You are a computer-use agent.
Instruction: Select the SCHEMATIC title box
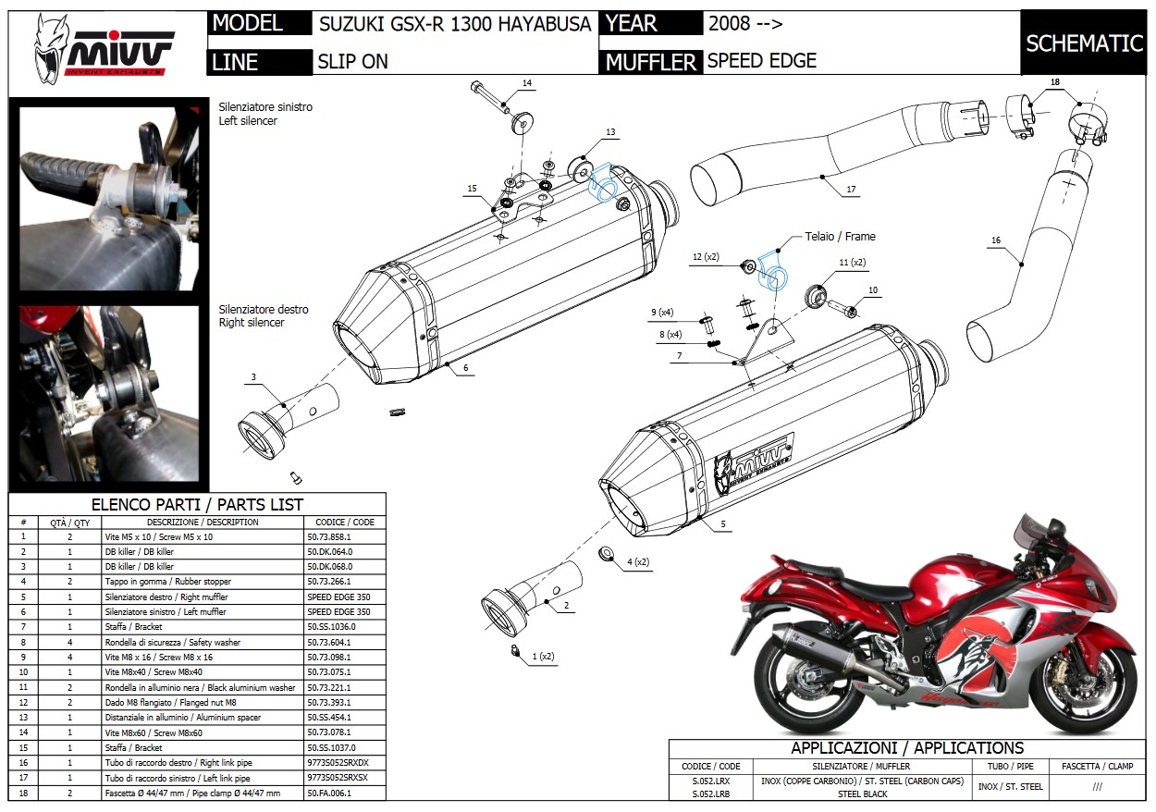click(1084, 43)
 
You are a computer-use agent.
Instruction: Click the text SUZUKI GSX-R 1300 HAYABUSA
click(454, 24)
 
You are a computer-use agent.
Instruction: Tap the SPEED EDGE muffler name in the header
click(761, 61)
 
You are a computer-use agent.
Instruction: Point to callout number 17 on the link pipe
click(851, 189)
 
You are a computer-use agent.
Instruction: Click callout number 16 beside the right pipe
click(995, 240)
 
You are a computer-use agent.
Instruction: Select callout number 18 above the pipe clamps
click(1054, 82)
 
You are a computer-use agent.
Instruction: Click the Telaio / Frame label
click(840, 236)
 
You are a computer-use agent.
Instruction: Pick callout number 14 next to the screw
click(526, 83)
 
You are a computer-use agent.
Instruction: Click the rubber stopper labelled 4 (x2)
click(608, 553)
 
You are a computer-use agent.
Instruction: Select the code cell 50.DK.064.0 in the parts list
click(329, 551)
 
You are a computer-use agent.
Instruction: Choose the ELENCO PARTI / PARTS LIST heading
click(197, 505)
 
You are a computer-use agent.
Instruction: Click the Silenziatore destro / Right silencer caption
click(264, 316)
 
